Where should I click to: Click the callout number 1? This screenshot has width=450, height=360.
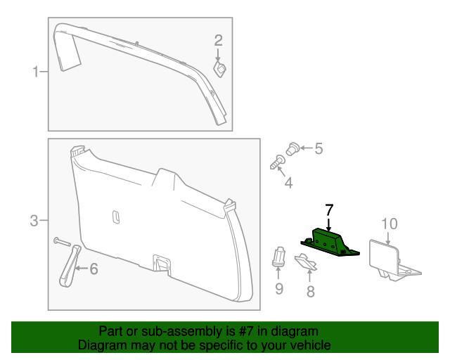pyautogui.click(x=34, y=71)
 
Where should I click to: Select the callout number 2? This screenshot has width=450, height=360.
pyautogui.click(x=218, y=41)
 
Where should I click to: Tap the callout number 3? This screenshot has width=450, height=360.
pyautogui.click(x=34, y=221)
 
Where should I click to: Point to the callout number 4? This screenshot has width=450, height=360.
pyautogui.click(x=288, y=184)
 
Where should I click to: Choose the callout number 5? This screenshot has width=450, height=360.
pyautogui.click(x=318, y=148)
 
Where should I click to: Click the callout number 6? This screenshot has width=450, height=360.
pyautogui.click(x=94, y=268)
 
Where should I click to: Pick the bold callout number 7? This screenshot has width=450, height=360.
pyautogui.click(x=328, y=210)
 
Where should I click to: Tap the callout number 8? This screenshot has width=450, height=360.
pyautogui.click(x=310, y=290)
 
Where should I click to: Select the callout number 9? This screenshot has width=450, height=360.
pyautogui.click(x=279, y=288)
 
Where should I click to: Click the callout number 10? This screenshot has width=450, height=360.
pyautogui.click(x=389, y=224)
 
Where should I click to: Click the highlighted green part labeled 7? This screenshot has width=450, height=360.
pyautogui.click(x=330, y=242)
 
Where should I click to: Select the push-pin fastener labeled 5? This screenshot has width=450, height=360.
pyautogui.click(x=294, y=148)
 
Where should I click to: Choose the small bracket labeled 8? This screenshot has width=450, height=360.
pyautogui.click(x=304, y=263)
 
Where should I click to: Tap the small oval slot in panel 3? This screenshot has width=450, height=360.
pyautogui.click(x=116, y=217)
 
